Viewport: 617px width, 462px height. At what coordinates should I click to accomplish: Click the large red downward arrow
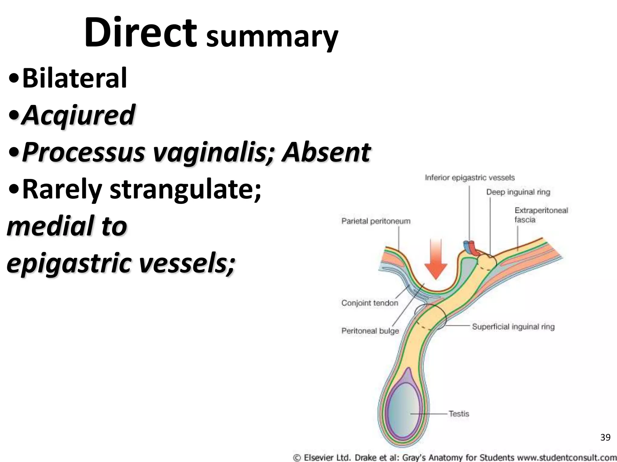click(x=436, y=258)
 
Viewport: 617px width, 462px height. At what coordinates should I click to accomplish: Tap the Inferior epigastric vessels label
click(x=469, y=178)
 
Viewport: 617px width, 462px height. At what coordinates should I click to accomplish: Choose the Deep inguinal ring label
click(x=518, y=192)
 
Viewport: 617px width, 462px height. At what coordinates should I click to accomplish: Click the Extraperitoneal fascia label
click(x=541, y=215)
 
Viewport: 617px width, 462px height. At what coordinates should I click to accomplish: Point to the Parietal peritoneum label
click(x=376, y=221)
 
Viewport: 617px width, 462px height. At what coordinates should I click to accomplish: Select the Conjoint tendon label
click(x=370, y=303)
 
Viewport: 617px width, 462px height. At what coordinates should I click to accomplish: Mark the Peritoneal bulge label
click(x=370, y=331)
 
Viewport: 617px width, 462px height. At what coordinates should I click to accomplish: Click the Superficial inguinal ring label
click(x=513, y=327)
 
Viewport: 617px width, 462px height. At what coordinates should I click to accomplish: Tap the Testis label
click(x=459, y=414)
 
